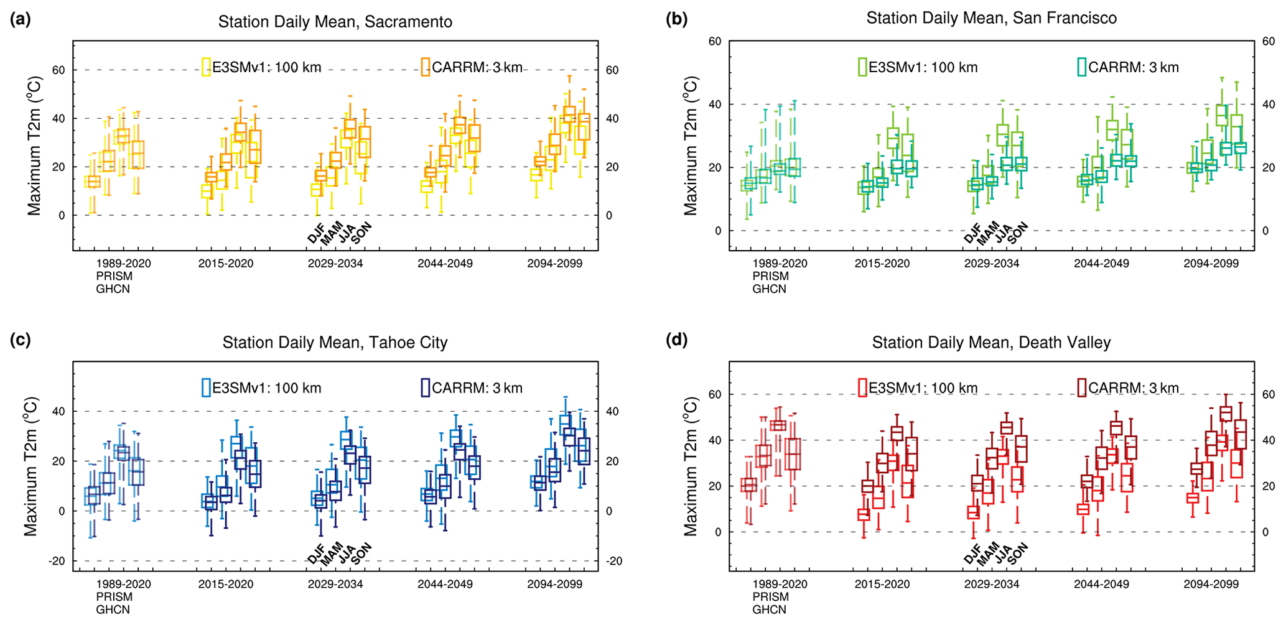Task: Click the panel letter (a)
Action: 20,20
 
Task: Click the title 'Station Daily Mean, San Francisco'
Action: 991,18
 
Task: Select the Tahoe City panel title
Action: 335,343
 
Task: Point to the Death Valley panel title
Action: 991,343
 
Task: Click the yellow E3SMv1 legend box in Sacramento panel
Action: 206,67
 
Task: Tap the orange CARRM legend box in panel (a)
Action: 425,67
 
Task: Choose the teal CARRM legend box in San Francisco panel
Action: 1082,67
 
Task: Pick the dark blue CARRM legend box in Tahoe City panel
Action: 425,387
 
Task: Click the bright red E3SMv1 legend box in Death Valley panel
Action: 862,387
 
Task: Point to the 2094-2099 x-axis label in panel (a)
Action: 554,264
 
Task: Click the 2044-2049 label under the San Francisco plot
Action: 1101,264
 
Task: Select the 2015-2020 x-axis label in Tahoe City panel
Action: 226,585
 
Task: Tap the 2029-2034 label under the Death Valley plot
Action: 992,585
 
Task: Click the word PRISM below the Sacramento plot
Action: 114,276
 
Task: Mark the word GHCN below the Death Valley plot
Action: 770,610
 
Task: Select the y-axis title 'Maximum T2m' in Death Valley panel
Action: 691,466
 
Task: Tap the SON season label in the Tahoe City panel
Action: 361,553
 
